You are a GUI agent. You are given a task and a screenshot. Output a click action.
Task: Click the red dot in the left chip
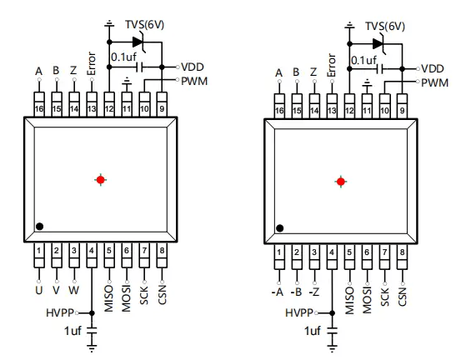[x=101, y=179]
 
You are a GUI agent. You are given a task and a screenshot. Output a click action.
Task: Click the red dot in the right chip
[x=341, y=182]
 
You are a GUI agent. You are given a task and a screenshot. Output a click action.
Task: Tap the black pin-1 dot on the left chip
[x=40, y=227]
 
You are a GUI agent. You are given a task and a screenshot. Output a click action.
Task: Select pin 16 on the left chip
[x=39, y=105]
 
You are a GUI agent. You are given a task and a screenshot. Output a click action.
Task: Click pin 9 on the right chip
[x=402, y=107]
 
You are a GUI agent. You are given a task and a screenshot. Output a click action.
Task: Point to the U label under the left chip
[x=39, y=290]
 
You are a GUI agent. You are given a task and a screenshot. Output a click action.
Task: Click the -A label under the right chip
[x=278, y=292]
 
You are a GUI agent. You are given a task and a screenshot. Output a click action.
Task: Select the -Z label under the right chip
[x=313, y=292]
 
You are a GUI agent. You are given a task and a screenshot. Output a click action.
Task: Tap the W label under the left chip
[x=74, y=290]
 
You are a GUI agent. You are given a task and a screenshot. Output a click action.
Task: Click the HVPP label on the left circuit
[x=60, y=313]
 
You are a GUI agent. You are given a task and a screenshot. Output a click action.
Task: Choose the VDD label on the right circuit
[x=433, y=69]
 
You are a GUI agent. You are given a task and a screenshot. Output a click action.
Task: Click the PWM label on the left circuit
[x=194, y=81]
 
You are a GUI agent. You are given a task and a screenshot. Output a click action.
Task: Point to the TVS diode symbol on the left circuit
[x=138, y=42]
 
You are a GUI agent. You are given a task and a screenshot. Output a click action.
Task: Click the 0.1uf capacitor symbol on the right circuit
[x=379, y=69]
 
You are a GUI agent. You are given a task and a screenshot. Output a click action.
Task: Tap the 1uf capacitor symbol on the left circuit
[x=92, y=330]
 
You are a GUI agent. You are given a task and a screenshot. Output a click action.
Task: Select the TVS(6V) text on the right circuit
[x=385, y=27]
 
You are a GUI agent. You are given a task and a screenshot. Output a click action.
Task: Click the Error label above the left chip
[x=92, y=64]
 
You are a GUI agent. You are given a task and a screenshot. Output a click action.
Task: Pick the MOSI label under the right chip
[x=367, y=300]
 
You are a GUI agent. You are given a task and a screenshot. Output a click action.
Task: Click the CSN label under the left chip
[x=162, y=294]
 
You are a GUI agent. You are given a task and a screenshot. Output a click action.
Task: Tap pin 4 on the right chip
[x=332, y=257]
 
